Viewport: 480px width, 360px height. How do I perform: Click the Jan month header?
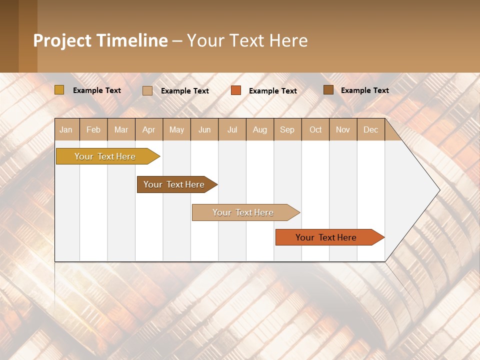coord(66,129)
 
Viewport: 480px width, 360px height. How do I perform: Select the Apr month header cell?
coord(149,129)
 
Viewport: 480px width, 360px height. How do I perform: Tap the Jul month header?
coord(232,129)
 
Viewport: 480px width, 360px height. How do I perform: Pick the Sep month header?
coord(287,129)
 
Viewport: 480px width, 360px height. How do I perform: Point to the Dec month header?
coord(370,129)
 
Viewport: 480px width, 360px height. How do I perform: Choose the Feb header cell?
coord(93,129)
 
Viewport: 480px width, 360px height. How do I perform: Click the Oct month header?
coord(315,129)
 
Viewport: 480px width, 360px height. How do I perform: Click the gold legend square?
coord(59,90)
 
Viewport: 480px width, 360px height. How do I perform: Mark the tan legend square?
coord(147,90)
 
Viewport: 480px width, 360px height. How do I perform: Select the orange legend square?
coord(236,90)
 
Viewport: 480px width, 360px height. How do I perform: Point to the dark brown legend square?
coord(328,90)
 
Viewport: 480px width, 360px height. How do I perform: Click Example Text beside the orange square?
coord(273,91)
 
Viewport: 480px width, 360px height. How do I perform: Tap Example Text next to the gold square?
coord(97,90)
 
